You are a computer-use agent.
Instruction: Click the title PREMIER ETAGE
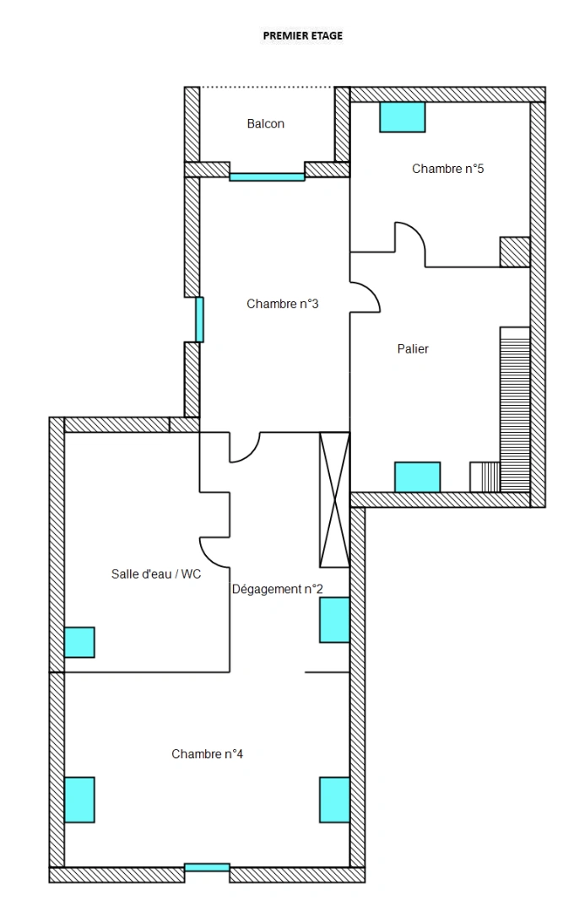303,36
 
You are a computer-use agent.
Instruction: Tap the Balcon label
265,124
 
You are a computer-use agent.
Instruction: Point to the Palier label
413,348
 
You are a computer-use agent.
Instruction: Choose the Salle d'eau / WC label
156,574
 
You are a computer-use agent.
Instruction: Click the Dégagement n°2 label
277,590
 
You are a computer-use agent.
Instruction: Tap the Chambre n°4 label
207,754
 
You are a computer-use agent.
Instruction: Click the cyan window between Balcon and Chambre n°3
267,177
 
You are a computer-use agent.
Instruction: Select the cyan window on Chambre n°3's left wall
199,320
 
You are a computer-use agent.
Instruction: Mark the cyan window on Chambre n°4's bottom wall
207,867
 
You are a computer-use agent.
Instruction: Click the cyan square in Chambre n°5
402,117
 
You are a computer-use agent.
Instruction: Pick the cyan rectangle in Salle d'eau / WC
79,642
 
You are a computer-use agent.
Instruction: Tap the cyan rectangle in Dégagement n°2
334,620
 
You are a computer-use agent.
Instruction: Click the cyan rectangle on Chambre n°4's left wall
79,800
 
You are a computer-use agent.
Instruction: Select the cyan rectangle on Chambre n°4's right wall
334,800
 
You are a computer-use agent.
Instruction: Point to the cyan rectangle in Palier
417,477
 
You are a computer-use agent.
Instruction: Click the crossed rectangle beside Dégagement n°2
334,499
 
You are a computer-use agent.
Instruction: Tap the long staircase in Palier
515,409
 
